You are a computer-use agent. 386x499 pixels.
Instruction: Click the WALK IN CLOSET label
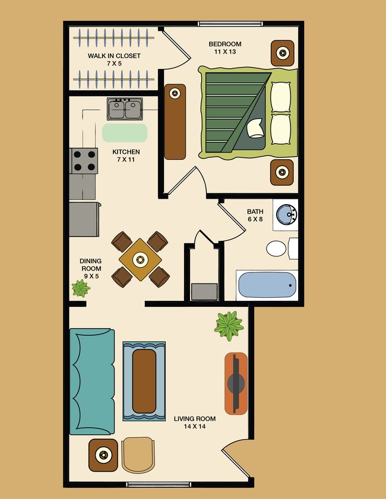(x=114, y=59)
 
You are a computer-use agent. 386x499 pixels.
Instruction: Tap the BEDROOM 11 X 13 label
(x=224, y=48)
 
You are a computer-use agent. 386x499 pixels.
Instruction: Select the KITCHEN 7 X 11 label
(x=126, y=155)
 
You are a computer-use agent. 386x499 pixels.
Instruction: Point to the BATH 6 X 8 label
(x=255, y=215)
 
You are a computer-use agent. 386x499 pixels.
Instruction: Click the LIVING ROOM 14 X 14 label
(x=194, y=422)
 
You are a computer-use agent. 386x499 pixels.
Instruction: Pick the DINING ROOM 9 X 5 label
(x=91, y=269)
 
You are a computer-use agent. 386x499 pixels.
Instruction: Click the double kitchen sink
(x=124, y=109)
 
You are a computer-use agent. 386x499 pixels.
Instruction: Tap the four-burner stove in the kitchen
(x=84, y=160)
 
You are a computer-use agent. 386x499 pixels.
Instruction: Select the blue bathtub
(x=267, y=286)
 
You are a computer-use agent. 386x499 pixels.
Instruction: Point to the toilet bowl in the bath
(x=276, y=249)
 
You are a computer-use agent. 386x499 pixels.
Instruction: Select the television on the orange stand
(x=236, y=383)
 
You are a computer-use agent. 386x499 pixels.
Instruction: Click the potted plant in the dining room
(x=80, y=289)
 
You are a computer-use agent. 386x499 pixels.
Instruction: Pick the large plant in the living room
(x=229, y=325)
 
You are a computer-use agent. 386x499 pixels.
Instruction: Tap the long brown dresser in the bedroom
(x=175, y=122)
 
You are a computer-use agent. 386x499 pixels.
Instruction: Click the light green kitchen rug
(x=125, y=132)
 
